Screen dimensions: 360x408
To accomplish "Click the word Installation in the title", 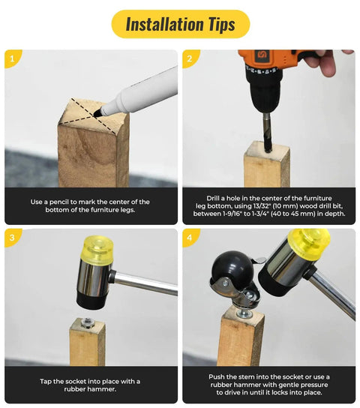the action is click(x=165, y=24).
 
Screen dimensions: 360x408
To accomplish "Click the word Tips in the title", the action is click(x=221, y=25).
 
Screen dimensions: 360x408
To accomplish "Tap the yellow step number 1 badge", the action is click(x=12, y=58).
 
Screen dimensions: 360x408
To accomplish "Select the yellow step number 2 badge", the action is click(x=190, y=58).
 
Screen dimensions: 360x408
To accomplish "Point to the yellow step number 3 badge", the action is click(x=12, y=238).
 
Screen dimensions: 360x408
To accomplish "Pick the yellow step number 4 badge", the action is click(x=190, y=238).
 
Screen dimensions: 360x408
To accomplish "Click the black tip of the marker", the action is click(x=97, y=112).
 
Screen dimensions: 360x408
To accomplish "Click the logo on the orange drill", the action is click(x=260, y=55).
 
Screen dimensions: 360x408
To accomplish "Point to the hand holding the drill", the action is click(x=325, y=62).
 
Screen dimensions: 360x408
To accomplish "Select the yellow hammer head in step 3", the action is click(x=98, y=248).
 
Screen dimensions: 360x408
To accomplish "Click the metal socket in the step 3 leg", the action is click(x=87, y=323).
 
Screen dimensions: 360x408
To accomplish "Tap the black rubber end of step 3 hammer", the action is click(x=92, y=301).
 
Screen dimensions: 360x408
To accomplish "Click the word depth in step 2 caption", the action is click(x=335, y=214).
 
